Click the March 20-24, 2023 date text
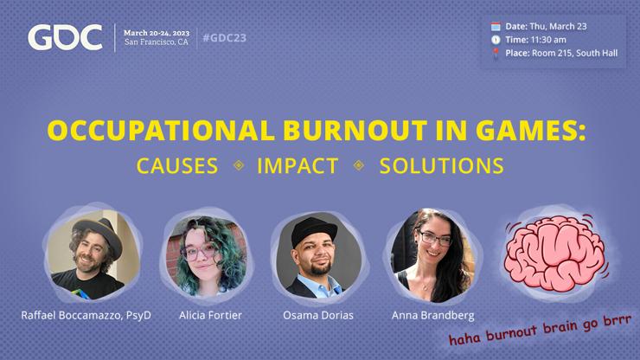pyautogui.click(x=157, y=30)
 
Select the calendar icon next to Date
pyautogui.click(x=496, y=26)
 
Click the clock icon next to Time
pyautogui.click(x=496, y=39)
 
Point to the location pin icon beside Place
pyautogui.click(x=496, y=53)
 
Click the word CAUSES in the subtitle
pyautogui.click(x=177, y=166)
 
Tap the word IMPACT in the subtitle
pyautogui.click(x=298, y=166)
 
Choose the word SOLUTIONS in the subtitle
pyautogui.click(x=441, y=166)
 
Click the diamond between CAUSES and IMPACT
pyautogui.click(x=238, y=166)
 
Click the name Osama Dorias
pyautogui.click(x=318, y=315)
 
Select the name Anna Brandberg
pyautogui.click(x=432, y=315)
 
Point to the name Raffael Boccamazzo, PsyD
pyautogui.click(x=86, y=315)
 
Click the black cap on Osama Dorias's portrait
pyautogui.click(x=316, y=228)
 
